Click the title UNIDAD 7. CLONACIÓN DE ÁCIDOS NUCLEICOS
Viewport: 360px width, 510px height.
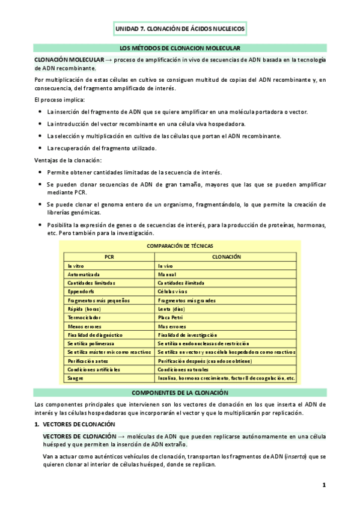(180, 28)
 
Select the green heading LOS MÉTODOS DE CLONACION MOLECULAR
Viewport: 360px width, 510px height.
(180, 48)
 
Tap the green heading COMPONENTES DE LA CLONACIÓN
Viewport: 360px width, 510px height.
(180, 392)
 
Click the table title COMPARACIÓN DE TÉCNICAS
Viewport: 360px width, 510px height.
(180, 246)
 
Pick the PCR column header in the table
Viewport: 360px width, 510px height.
(109, 256)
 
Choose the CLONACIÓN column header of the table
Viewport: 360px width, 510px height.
(226, 256)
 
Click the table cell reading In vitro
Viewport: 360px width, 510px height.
(76, 265)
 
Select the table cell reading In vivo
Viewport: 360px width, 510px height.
(166, 265)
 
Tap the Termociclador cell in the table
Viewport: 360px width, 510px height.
(82, 317)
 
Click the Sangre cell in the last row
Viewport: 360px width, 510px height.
(75, 378)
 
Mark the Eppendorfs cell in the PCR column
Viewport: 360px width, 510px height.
(79, 291)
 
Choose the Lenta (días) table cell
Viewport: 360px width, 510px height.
(171, 309)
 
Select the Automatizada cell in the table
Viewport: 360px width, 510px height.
(84, 274)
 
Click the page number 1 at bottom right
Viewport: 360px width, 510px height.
(323, 485)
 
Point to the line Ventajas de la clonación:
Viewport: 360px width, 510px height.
(68, 160)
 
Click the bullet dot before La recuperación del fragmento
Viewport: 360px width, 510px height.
(40, 148)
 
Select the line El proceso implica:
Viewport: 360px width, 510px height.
(59, 99)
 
